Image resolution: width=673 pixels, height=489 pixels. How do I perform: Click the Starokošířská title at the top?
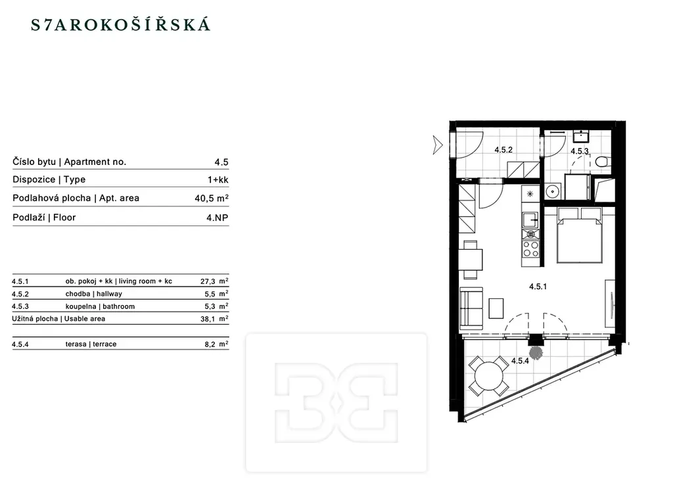pyautogui.click(x=121, y=24)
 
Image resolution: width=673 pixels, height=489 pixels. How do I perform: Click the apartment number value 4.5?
pyautogui.click(x=221, y=162)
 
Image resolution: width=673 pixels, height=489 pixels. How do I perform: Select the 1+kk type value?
pyautogui.click(x=218, y=179)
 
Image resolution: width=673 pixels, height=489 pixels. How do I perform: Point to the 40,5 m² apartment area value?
pyautogui.click(x=212, y=198)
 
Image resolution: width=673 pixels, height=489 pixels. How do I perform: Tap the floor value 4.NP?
pyautogui.click(x=217, y=218)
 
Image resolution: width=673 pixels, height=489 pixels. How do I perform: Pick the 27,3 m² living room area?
pyautogui.click(x=214, y=281)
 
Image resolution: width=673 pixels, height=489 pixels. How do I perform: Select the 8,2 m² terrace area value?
pyautogui.click(x=216, y=344)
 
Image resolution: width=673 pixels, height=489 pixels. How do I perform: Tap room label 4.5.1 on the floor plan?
pyautogui.click(x=538, y=287)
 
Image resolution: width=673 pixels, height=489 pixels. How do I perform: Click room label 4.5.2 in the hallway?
pyautogui.click(x=503, y=149)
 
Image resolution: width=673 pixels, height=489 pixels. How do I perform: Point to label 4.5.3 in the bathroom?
pyautogui.click(x=580, y=151)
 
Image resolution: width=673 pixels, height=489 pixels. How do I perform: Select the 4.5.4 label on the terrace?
pyautogui.click(x=520, y=361)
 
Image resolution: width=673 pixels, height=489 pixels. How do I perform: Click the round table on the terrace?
pyautogui.click(x=489, y=376)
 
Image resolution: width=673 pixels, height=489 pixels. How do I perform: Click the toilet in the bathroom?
pyautogui.click(x=602, y=162)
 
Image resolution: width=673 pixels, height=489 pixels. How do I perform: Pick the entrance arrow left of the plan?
pyautogui.click(x=437, y=145)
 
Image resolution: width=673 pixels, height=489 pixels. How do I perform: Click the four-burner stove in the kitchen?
pyautogui.click(x=530, y=248)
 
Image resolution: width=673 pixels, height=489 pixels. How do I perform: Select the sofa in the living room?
pyautogui.click(x=471, y=308)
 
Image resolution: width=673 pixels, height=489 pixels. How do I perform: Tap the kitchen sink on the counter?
pyautogui.click(x=530, y=220)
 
